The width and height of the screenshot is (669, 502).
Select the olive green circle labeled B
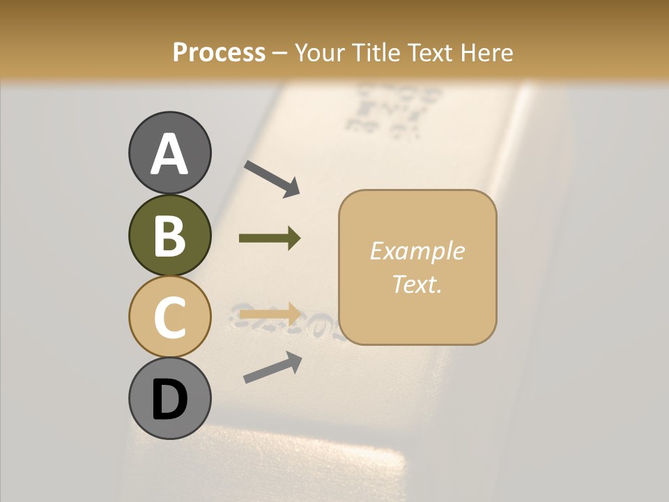click(x=169, y=235)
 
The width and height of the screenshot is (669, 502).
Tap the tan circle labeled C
click(x=169, y=317)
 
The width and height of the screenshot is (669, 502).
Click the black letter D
click(x=169, y=400)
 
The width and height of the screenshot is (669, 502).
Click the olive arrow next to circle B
click(x=270, y=238)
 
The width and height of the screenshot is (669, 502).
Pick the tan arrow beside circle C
click(x=270, y=313)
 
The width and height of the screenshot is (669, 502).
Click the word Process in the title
click(x=219, y=53)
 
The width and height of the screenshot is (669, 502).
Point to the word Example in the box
click(x=417, y=251)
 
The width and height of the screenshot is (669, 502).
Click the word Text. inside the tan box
click(x=417, y=284)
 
